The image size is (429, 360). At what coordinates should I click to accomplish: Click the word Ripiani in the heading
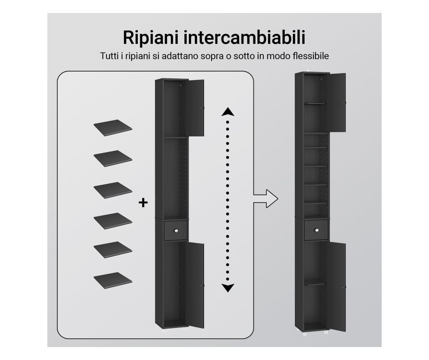(x=151, y=38)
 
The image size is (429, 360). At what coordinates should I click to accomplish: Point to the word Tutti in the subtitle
(x=109, y=56)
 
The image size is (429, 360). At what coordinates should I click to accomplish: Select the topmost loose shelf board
(x=113, y=128)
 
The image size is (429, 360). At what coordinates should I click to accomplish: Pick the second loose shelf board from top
(x=113, y=158)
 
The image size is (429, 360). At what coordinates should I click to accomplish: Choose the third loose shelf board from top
(x=113, y=190)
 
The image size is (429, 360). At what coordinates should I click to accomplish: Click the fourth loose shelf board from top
(x=113, y=221)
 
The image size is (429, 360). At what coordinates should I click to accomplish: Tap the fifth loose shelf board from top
(x=113, y=249)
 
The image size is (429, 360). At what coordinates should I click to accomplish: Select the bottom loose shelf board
(x=113, y=280)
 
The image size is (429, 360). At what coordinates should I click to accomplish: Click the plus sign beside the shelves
(x=143, y=203)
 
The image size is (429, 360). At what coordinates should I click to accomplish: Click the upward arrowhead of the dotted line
(x=227, y=112)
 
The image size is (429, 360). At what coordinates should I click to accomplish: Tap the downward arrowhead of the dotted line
(x=227, y=288)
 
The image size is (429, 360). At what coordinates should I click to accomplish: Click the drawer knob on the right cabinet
(x=317, y=230)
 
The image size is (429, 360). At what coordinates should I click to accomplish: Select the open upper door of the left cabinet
(x=195, y=108)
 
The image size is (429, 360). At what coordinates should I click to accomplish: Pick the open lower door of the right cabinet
(x=336, y=287)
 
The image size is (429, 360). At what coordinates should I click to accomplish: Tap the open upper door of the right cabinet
(x=336, y=103)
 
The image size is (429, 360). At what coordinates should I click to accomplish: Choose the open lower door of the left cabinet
(x=195, y=285)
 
